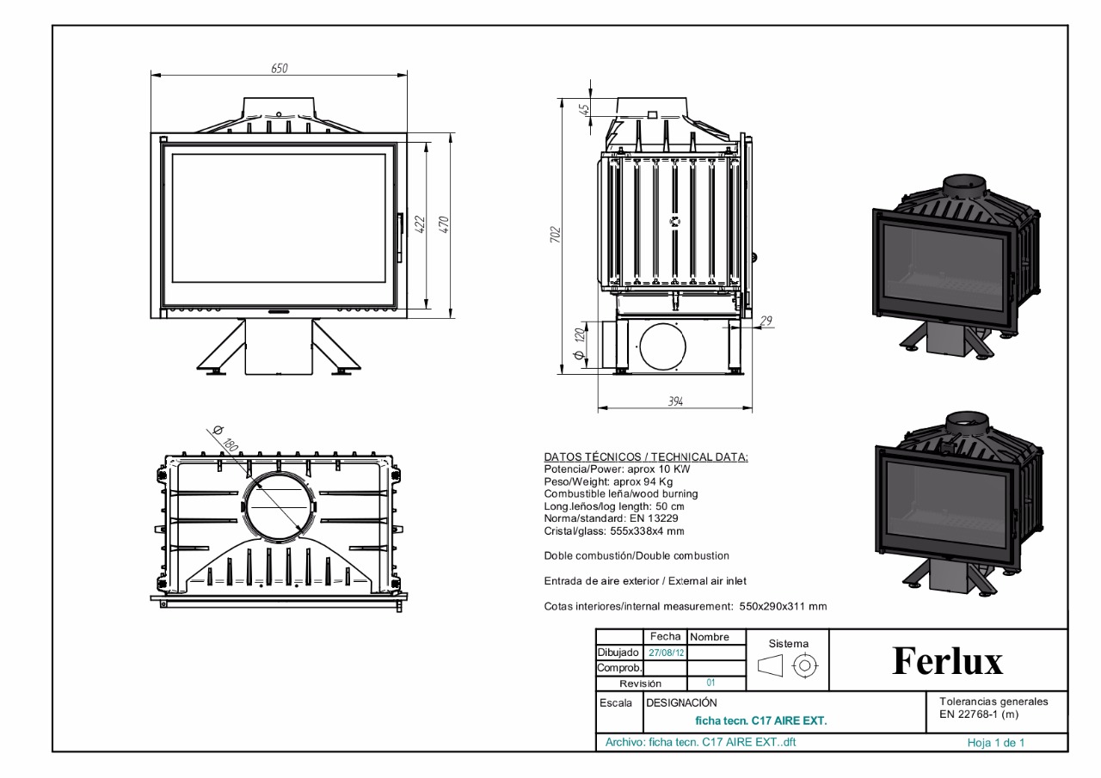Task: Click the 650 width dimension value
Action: (280, 68)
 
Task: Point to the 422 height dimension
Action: (421, 224)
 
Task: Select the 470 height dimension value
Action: (444, 224)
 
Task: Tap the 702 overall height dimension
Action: (556, 235)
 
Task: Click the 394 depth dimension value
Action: (675, 401)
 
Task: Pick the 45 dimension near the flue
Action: (584, 109)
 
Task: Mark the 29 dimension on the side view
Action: (766, 321)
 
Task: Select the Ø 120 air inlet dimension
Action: (580, 343)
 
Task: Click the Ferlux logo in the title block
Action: (947, 660)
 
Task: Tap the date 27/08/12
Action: (666, 652)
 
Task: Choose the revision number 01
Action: (710, 683)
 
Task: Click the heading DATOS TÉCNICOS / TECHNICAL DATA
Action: (646, 456)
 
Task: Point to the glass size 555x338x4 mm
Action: (647, 531)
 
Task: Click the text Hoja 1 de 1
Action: (996, 743)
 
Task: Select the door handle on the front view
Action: (401, 238)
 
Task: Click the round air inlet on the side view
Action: (662, 346)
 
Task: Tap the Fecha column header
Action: (665, 636)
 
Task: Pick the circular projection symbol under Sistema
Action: (804, 666)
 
